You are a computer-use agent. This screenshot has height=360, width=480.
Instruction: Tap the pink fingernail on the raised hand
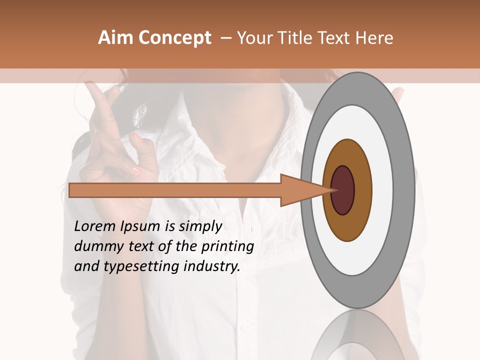tap(137, 170)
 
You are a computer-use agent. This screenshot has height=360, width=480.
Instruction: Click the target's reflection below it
tap(357, 335)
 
